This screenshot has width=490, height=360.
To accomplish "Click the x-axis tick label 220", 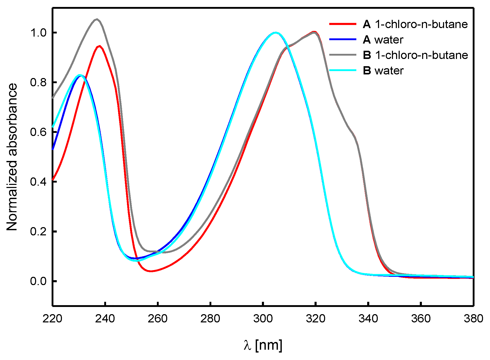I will click(53, 319).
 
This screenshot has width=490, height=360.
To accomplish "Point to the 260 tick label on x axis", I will click(158, 319).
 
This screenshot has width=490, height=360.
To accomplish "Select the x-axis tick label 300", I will click(263, 319).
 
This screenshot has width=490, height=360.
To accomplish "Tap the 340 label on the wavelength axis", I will click(368, 319).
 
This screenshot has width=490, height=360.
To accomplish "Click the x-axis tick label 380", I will click(473, 319).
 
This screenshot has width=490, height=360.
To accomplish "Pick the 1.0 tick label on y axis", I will click(38, 33).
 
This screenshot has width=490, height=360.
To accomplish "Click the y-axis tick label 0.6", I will click(38, 132).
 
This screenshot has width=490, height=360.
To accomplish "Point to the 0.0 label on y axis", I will click(38, 281).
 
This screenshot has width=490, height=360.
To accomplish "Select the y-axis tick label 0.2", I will click(38, 231).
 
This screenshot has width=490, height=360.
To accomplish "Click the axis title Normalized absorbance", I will click(12, 157).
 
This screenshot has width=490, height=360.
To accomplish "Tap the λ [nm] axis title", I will click(263, 345).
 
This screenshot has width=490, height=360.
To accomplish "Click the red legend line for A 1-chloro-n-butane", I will click(343, 24).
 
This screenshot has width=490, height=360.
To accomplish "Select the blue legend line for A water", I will click(343, 39).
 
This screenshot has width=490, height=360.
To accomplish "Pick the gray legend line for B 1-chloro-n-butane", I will click(343, 55).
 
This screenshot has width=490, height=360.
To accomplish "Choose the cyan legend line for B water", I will click(343, 70).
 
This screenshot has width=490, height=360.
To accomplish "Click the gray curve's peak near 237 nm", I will click(97, 19).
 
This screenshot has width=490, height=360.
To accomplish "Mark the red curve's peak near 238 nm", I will click(99, 46).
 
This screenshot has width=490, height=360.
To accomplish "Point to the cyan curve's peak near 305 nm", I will click(276, 33).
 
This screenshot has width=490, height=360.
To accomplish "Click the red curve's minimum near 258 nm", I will click(151, 271).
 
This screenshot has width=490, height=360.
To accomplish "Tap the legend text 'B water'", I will click(383, 71).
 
